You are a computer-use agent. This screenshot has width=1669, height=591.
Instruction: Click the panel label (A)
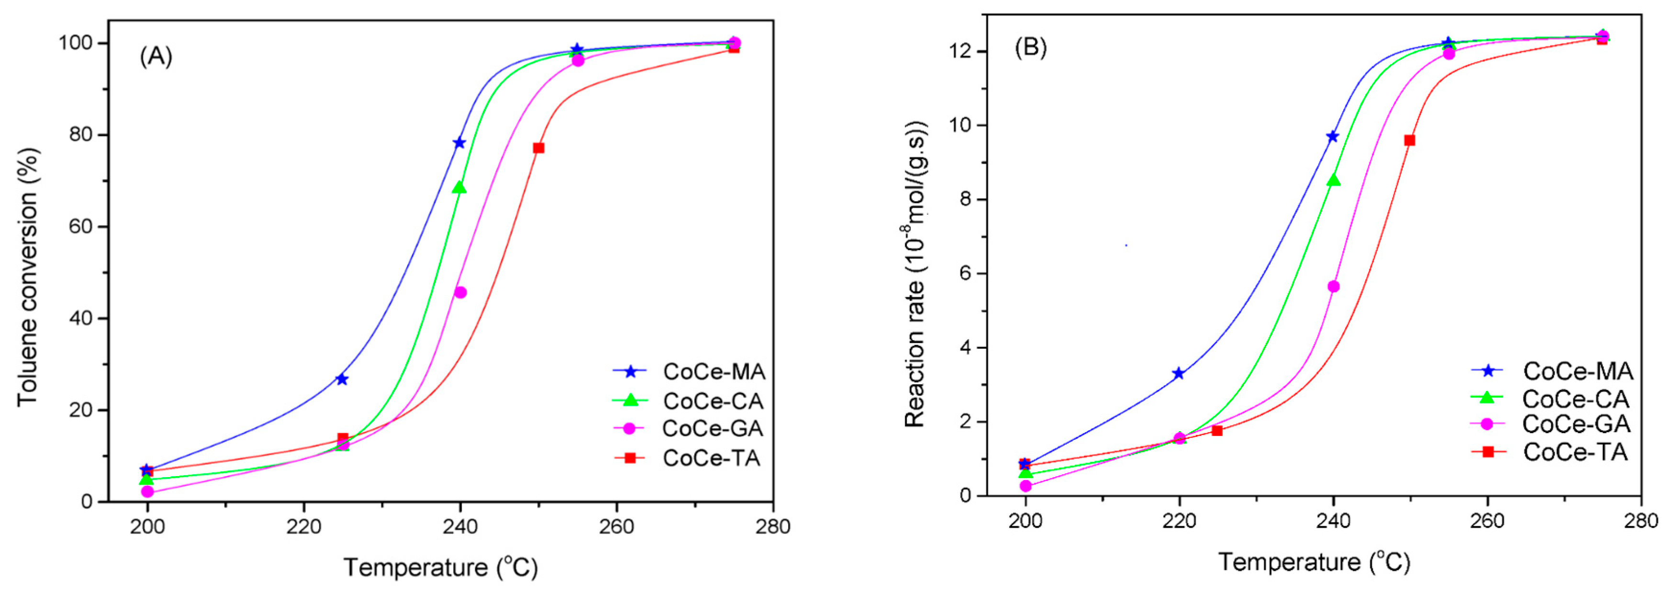[156, 57]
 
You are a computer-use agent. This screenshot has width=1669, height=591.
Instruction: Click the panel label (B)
[1030, 47]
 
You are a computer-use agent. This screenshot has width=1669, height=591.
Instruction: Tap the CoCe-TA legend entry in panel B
[1574, 452]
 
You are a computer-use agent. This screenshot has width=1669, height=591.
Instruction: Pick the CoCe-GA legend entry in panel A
[712, 428]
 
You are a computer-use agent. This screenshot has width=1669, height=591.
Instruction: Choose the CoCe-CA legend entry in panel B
[1574, 399]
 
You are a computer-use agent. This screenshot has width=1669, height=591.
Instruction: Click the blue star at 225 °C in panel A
[342, 379]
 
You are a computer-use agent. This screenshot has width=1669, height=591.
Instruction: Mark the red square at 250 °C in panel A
[538, 148]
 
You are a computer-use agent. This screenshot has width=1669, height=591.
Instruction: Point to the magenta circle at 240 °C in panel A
[460, 292]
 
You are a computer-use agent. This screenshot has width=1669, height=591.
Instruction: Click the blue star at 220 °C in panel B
[1179, 373]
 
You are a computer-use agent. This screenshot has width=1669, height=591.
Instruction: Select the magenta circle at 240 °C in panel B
[1334, 287]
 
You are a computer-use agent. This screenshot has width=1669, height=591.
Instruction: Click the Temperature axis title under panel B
[1314, 562]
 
